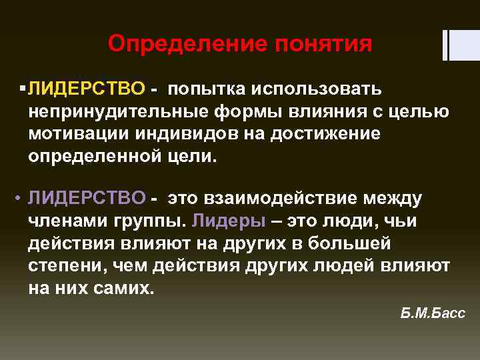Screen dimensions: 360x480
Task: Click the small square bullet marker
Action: coord(23,88)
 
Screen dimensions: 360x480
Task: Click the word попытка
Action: coord(207,88)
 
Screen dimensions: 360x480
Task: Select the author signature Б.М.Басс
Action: coord(433,314)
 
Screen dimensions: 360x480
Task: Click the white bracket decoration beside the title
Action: coord(454,45)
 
